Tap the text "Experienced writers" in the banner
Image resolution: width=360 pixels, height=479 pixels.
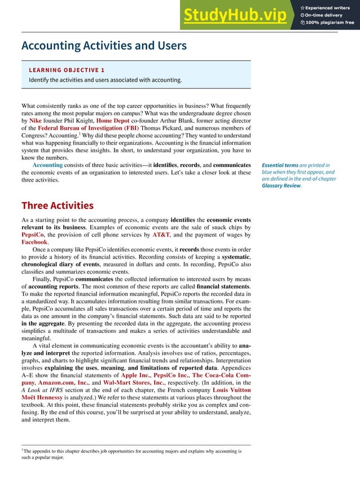tap(330, 6)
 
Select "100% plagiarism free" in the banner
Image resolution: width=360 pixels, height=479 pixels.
tap(330, 23)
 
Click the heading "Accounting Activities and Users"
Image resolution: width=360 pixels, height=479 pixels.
tap(103, 45)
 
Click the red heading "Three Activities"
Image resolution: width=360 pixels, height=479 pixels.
tap(57, 205)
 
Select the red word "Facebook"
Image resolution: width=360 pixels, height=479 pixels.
tap(35, 241)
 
